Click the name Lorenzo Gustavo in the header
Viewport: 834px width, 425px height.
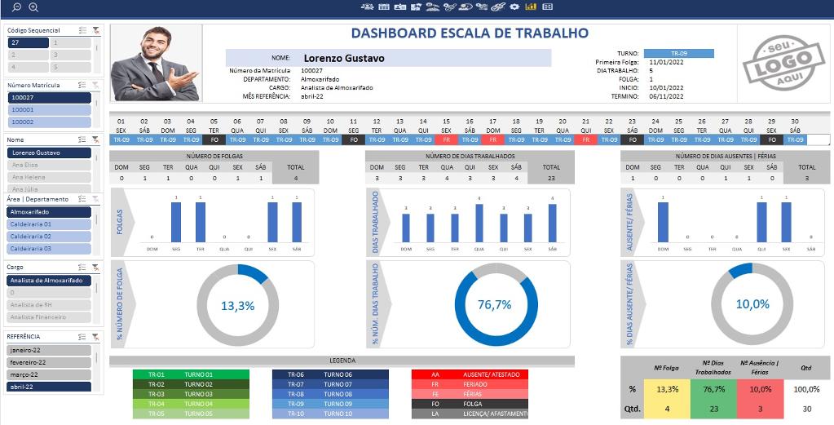coord(343,59)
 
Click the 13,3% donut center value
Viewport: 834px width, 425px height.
coord(237,306)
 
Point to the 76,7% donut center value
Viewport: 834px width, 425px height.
coord(494,305)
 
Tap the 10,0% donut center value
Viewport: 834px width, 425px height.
coord(752,304)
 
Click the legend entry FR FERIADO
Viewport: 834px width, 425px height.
coord(470,383)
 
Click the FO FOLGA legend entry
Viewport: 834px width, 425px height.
coord(470,403)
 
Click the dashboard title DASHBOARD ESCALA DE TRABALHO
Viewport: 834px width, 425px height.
coord(469,33)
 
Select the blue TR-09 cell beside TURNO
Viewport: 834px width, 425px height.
coord(678,54)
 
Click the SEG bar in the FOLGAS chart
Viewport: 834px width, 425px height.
coord(176,222)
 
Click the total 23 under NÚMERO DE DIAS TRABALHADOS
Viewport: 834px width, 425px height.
coord(551,177)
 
